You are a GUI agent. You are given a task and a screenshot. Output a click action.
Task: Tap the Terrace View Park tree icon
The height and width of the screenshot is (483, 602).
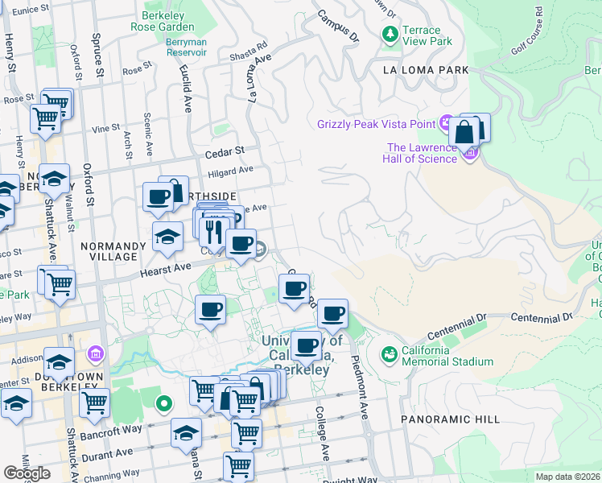(x=390, y=34)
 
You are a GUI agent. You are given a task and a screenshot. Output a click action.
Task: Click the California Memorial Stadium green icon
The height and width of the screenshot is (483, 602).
(x=389, y=354)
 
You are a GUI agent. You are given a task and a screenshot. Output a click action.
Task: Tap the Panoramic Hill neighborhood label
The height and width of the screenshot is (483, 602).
(x=450, y=419)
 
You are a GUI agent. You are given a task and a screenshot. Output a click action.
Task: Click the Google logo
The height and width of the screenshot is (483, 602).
(x=27, y=473)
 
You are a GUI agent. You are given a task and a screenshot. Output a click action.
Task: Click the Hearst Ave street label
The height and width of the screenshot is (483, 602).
(x=166, y=270)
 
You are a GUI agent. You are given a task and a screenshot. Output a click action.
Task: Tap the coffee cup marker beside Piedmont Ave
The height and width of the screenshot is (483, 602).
(x=332, y=314)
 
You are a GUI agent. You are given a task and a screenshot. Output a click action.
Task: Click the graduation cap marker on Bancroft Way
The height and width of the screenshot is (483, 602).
(x=186, y=432)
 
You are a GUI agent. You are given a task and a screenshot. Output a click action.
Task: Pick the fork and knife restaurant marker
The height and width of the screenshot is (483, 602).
(x=213, y=230)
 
